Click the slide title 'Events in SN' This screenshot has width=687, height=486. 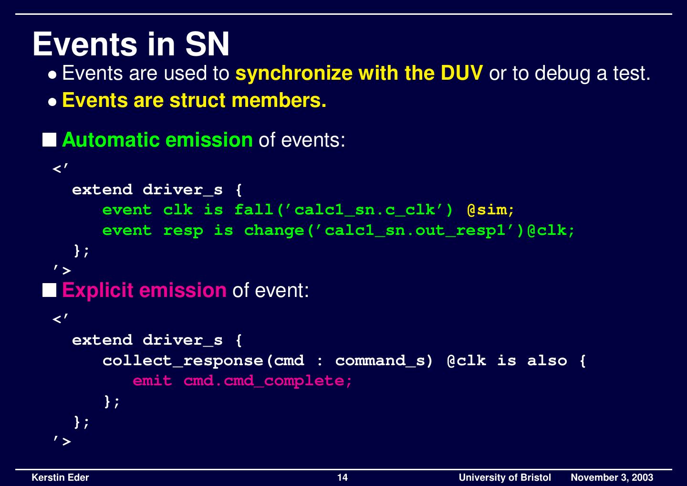[x=131, y=44]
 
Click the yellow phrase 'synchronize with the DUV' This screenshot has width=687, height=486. [x=359, y=73]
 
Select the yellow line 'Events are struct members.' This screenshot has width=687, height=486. [x=194, y=100]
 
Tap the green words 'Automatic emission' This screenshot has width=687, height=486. [x=157, y=140]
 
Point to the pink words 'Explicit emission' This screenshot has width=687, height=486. [x=144, y=290]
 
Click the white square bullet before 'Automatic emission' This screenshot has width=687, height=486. [x=49, y=140]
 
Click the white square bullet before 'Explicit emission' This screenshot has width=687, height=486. [x=49, y=290]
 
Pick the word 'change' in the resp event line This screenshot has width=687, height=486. [x=274, y=231]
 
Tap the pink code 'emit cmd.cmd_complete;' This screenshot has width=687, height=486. [x=242, y=381]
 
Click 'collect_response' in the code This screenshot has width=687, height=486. [x=183, y=360]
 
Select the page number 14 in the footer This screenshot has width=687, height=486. [x=343, y=477]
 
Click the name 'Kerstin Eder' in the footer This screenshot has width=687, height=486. [x=60, y=477]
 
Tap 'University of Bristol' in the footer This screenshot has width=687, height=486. [x=504, y=477]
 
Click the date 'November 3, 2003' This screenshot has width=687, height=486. [x=612, y=477]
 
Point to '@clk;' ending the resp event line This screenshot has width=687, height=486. [x=551, y=231]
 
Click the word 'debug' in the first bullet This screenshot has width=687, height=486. [x=562, y=73]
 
